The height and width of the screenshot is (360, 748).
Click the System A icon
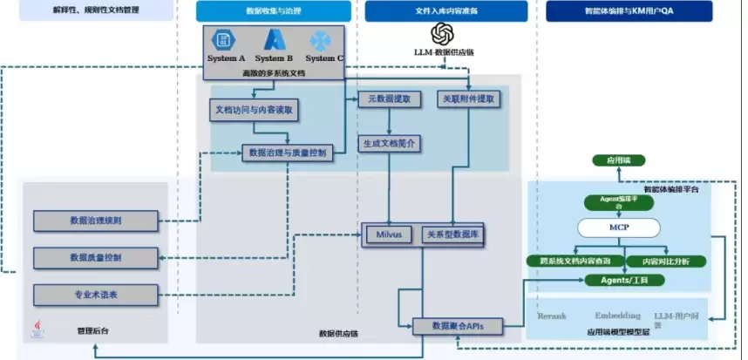[226, 40]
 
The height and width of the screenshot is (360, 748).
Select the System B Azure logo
[275, 40]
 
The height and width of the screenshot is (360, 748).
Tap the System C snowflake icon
[321, 40]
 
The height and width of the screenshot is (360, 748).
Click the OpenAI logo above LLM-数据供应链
[443, 33]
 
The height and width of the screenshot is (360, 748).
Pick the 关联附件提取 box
[468, 99]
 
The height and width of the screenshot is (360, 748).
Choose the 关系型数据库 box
[454, 235]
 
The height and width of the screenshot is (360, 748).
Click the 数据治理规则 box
[96, 221]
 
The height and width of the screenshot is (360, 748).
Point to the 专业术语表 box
[96, 295]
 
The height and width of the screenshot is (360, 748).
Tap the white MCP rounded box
[619, 228]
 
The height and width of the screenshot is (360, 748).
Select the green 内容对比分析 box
[672, 261]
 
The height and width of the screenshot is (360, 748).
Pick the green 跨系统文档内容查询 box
[575, 261]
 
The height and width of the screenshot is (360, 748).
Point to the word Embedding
[618, 316]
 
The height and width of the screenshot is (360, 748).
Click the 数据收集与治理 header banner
[273, 11]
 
